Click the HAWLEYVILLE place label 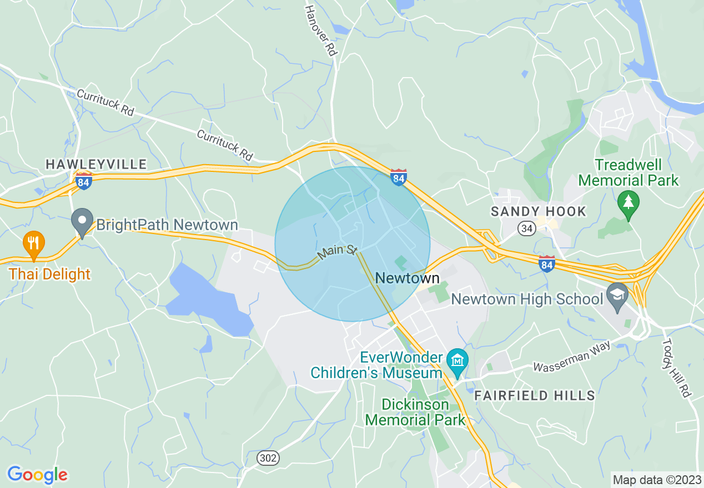click(96, 164)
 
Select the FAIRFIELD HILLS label click(534, 395)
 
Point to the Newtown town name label click(408, 278)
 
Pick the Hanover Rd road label click(323, 30)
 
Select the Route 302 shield click(268, 458)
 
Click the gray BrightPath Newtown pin click(83, 222)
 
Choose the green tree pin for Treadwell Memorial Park click(628, 204)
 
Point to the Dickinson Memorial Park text click(415, 412)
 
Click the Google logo click(37, 475)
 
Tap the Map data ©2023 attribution click(656, 479)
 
